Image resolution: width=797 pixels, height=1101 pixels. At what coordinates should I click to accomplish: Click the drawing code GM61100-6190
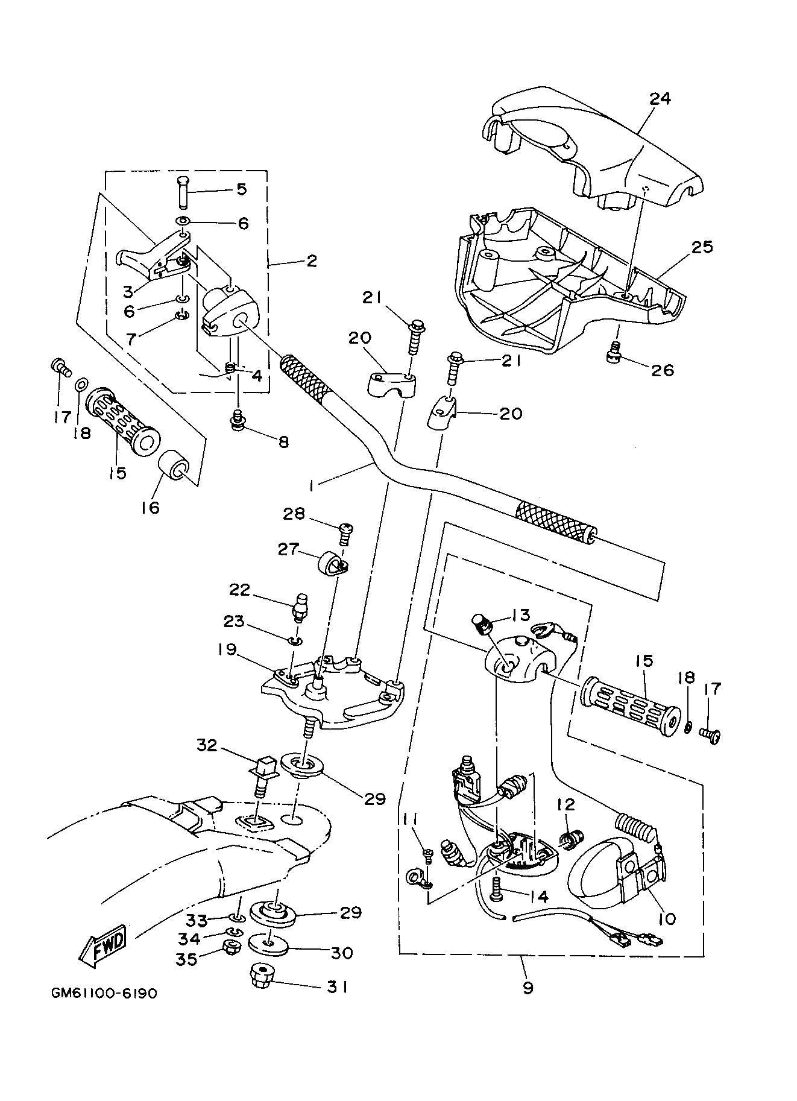pyautogui.click(x=104, y=1010)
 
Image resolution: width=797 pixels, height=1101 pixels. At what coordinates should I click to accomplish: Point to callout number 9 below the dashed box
pyautogui.click(x=528, y=988)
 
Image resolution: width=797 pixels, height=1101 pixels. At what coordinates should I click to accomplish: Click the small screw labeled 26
pyautogui.click(x=614, y=352)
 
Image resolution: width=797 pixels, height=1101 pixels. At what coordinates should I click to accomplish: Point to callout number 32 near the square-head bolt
pyautogui.click(x=207, y=745)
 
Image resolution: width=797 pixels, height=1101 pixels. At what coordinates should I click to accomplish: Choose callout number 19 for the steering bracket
pyautogui.click(x=227, y=649)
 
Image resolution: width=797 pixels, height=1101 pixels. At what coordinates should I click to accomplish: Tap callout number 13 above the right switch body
pyautogui.click(x=520, y=614)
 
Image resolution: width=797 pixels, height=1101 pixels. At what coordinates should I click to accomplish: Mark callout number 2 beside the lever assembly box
pyautogui.click(x=311, y=260)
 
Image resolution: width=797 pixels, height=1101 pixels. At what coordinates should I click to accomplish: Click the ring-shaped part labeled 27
pyautogui.click(x=328, y=564)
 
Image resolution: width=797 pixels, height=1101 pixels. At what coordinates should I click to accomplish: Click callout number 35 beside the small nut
pyautogui.click(x=187, y=959)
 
